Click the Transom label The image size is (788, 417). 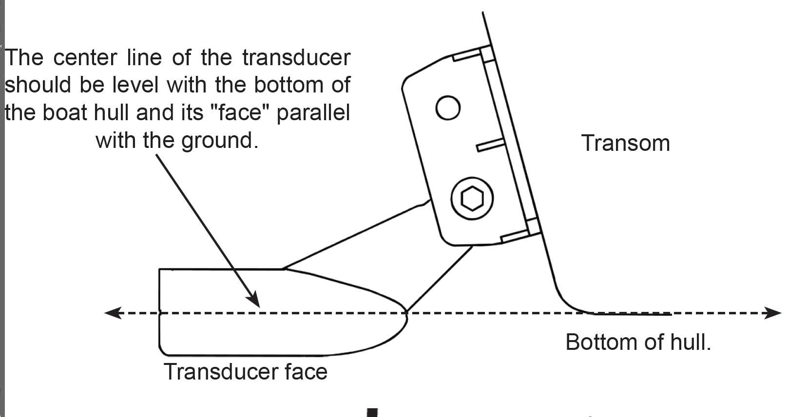[x=625, y=144]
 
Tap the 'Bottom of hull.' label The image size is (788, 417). [x=638, y=342]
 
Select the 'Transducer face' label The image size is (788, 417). [x=246, y=372]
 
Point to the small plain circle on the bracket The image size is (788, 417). [x=447, y=108]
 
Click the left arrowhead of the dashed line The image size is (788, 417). [x=112, y=313]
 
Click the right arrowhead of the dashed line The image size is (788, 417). [x=773, y=313]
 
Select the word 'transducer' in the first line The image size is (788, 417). [x=296, y=58]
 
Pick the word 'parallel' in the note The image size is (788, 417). [x=313, y=113]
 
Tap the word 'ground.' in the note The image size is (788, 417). [x=220, y=141]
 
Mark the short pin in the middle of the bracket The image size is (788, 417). [x=490, y=145]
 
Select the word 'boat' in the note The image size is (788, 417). [x=65, y=113]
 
